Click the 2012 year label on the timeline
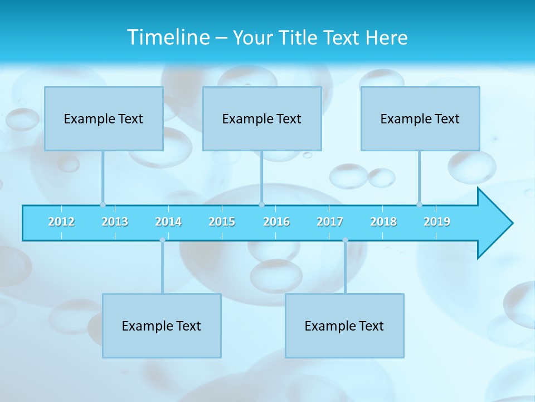click(61, 222)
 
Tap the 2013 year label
click(115, 222)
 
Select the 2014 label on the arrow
click(168, 222)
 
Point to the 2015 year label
click(222, 222)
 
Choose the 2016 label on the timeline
click(276, 222)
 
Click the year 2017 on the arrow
click(330, 222)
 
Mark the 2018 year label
click(383, 222)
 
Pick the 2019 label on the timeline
click(437, 222)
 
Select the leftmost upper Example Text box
click(104, 118)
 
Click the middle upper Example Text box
click(262, 118)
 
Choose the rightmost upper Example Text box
click(420, 118)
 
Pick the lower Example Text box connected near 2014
click(162, 326)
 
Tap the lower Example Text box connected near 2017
click(344, 326)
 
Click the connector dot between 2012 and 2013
click(103, 204)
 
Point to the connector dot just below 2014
click(162, 240)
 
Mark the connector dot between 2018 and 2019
click(419, 204)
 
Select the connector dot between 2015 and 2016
click(261, 204)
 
